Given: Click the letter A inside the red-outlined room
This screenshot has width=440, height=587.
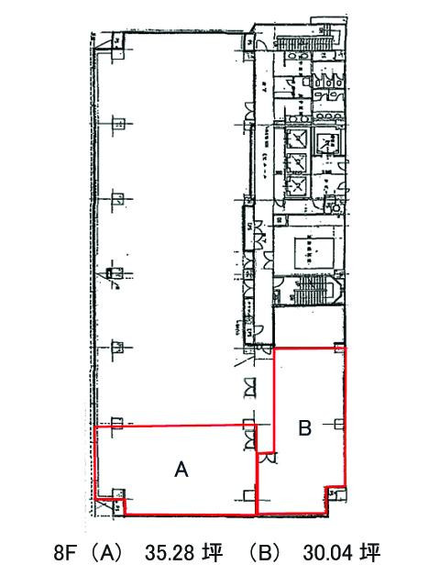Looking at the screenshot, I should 181,470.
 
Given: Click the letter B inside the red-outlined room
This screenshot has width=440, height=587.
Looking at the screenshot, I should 306,426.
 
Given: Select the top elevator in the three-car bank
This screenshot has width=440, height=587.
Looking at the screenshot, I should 298,140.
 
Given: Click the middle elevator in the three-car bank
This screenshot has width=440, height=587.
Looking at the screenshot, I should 298,161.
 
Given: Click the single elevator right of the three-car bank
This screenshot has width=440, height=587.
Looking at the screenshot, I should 328,144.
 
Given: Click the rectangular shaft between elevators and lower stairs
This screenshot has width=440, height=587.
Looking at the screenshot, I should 308,249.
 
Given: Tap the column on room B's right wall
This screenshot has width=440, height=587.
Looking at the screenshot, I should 341,423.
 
